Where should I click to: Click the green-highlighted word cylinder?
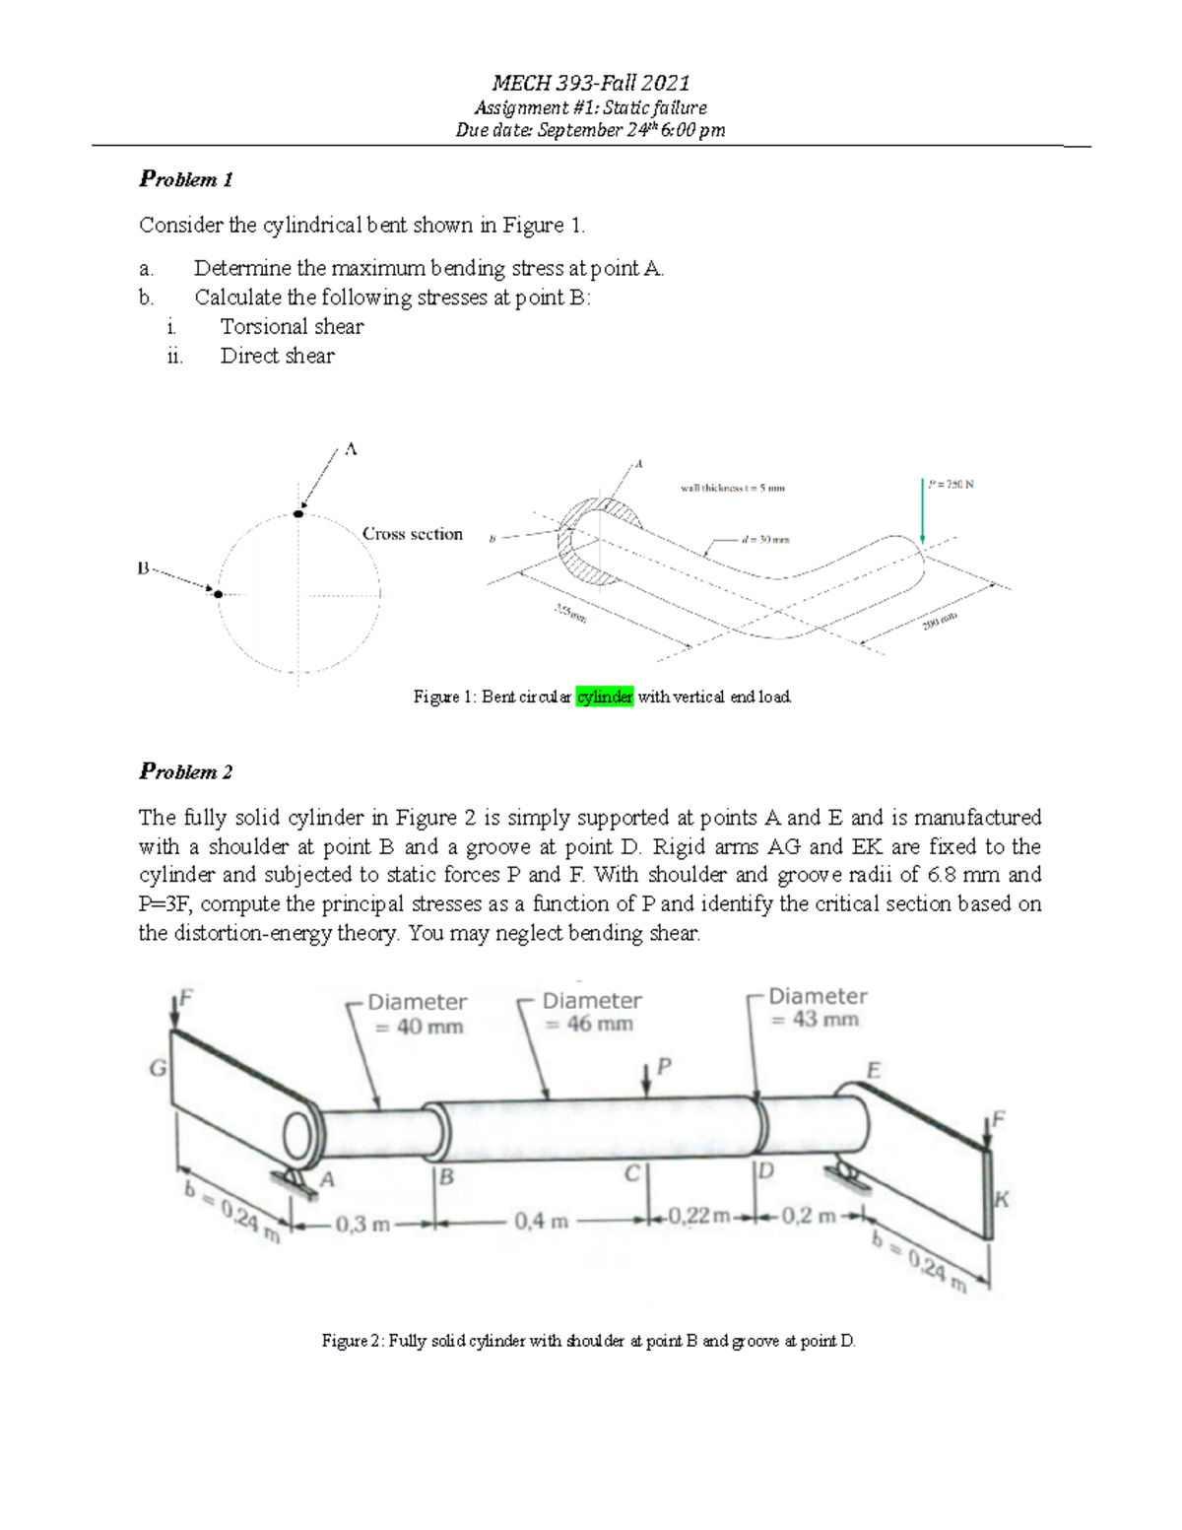click(604, 698)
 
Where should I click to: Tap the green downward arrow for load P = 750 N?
click(923, 511)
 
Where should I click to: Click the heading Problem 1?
click(186, 179)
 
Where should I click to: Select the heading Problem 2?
click(186, 771)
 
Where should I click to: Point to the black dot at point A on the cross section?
click(298, 514)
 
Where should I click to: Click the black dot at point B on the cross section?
click(219, 594)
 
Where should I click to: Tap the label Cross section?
click(412, 534)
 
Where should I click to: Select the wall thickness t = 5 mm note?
click(732, 487)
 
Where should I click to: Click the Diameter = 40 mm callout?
click(417, 1014)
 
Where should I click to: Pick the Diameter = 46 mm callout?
click(591, 1012)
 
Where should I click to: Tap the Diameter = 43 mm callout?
click(817, 1008)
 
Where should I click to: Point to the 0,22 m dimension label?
click(699, 1216)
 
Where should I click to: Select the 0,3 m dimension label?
click(362, 1225)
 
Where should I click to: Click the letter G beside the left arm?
click(156, 1068)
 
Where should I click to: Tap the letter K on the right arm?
click(1002, 1199)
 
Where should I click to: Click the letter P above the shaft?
click(664, 1065)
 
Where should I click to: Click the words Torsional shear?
click(292, 327)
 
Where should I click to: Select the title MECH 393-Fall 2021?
click(590, 84)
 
